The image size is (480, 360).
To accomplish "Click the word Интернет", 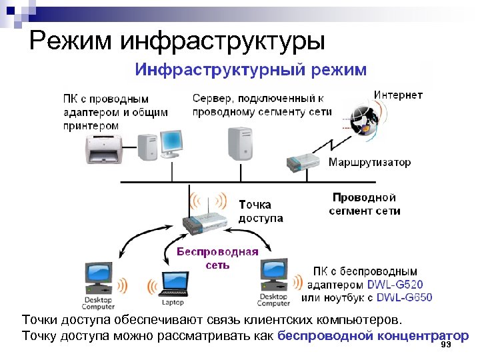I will tap(397, 95).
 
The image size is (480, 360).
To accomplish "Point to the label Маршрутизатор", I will tap(369, 162).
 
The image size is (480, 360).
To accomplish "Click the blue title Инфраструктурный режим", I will tap(251, 69).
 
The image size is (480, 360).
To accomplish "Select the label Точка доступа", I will tap(261, 211).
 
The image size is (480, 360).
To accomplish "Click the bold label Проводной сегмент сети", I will tap(364, 204).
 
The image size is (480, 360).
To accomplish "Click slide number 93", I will tap(446, 345).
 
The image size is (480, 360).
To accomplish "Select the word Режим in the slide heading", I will tap(69, 41).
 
